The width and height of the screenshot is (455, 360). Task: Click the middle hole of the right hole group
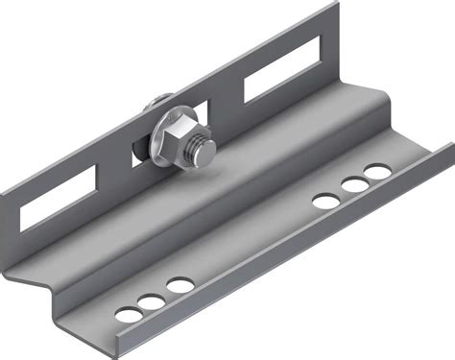354,186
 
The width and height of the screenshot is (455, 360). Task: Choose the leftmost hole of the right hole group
326,201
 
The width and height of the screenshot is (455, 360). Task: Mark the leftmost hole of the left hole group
126,314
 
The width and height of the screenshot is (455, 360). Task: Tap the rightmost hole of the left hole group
179,285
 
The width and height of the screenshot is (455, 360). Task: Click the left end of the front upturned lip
115,350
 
